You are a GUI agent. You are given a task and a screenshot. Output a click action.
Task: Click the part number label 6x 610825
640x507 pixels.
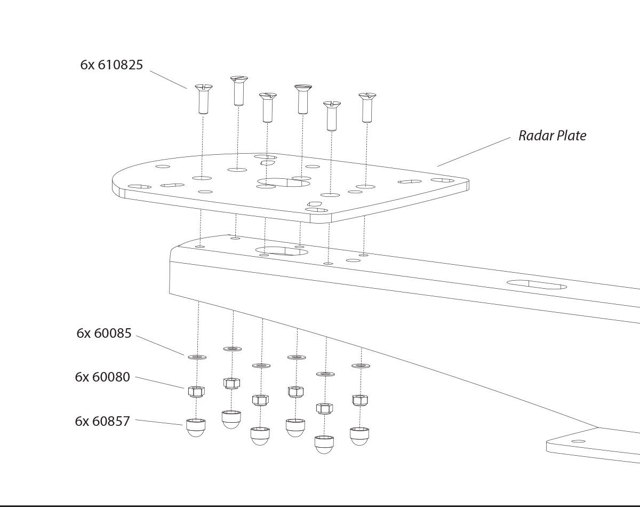pos(111,65)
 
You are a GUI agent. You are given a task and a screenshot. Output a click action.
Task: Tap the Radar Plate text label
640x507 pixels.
pos(552,136)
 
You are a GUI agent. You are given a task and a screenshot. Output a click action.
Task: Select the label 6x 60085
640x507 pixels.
pos(103,334)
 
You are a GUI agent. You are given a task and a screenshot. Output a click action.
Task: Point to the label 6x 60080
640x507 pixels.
pos(102,377)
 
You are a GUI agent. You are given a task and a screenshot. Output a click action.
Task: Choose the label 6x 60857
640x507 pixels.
pos(102,422)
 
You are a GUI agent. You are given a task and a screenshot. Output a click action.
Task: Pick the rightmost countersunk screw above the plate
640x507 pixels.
pos(366,107)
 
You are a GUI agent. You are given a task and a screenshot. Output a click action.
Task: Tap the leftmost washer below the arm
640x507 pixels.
pos(196,356)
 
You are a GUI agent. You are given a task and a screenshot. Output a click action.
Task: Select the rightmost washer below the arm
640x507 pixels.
pos(361,366)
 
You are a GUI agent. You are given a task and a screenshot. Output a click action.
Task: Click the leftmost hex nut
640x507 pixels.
pos(196,391)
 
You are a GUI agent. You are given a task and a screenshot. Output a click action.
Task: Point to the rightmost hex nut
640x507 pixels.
pos(360,400)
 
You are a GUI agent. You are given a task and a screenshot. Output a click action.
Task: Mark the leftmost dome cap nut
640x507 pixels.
pos(196,427)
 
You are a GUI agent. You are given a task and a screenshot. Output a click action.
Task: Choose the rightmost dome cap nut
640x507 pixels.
pos(359,435)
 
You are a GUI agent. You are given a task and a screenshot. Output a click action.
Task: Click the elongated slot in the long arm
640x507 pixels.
pos(537,284)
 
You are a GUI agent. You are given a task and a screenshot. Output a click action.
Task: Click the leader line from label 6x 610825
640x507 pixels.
pos(168,79)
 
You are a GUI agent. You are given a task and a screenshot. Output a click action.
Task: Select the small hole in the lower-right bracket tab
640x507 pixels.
pos(578,441)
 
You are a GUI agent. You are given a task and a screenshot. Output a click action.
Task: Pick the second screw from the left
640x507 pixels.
pos(238,91)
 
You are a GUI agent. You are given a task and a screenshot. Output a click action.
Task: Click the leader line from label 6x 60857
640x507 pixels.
pos(159,422)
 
